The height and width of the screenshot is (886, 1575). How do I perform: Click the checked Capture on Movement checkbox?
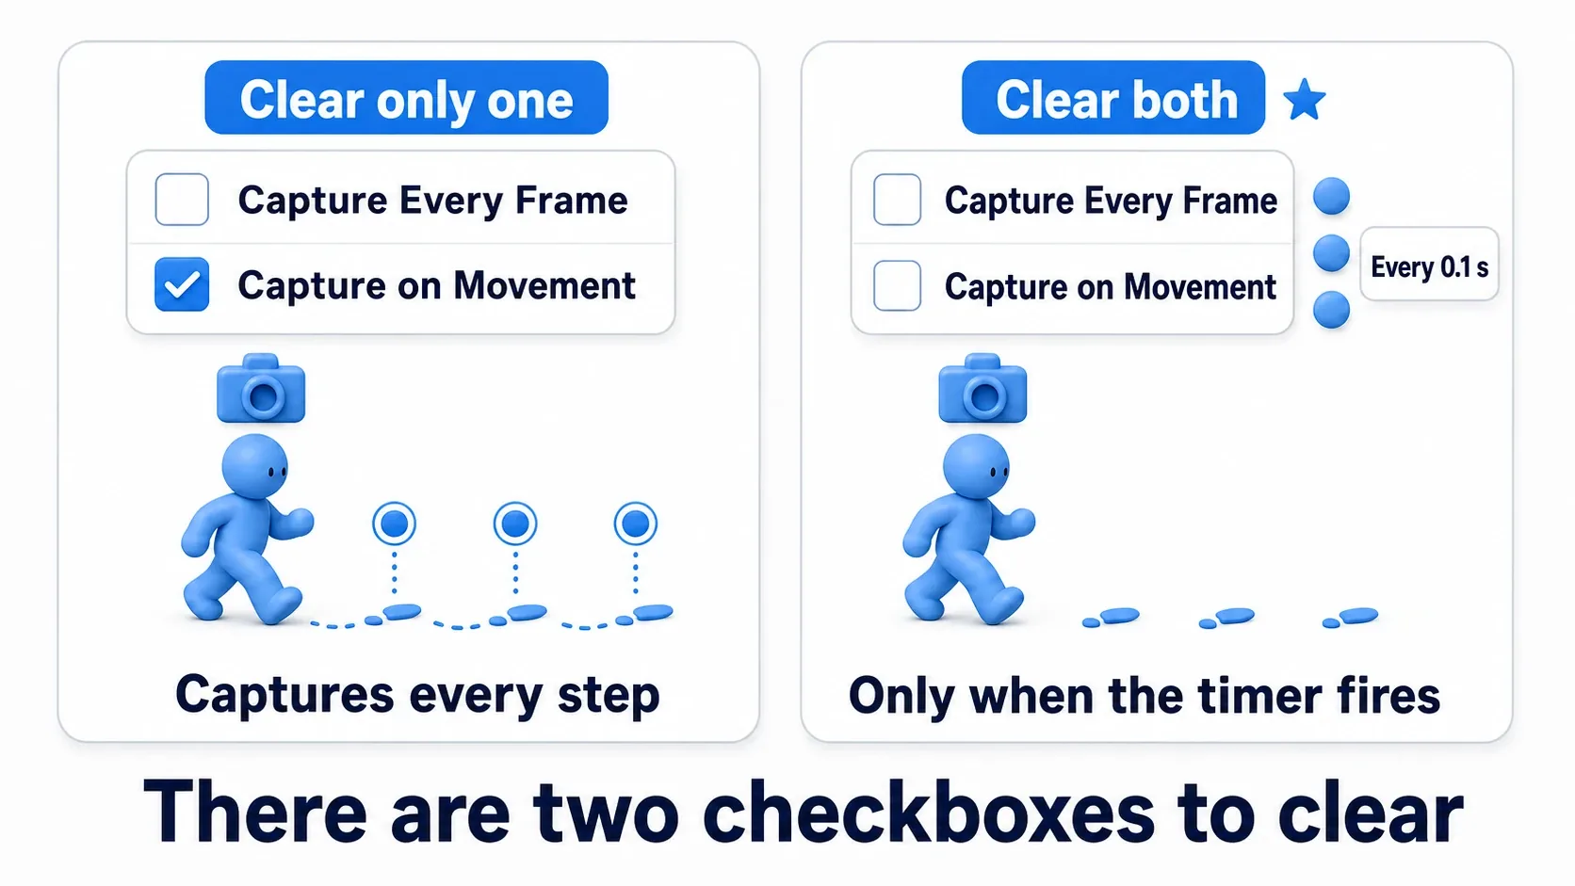tap(182, 284)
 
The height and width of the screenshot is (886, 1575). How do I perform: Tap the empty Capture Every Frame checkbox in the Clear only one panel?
tap(182, 200)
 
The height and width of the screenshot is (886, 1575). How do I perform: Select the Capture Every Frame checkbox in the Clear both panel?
tap(897, 200)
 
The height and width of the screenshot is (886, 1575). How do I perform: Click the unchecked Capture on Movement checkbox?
tap(897, 285)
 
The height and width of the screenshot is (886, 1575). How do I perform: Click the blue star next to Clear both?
tap(1305, 100)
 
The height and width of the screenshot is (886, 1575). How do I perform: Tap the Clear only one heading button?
tap(406, 98)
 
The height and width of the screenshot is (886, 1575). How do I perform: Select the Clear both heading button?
tap(1113, 98)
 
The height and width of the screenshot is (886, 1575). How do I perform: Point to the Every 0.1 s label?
tap(1429, 267)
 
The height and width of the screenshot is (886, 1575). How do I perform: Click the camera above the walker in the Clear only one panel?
tap(261, 389)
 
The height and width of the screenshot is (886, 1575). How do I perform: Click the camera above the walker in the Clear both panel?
tap(982, 389)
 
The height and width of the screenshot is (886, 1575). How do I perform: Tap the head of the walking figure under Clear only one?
tap(254, 466)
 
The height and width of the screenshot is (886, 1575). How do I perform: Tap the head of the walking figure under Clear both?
tap(976, 466)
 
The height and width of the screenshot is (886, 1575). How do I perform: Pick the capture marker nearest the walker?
tap(394, 524)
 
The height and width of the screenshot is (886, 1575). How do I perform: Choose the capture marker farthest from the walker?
tap(636, 524)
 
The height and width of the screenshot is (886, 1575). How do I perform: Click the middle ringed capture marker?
tap(515, 524)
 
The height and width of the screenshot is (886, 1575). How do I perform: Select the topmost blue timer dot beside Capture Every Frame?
tap(1331, 195)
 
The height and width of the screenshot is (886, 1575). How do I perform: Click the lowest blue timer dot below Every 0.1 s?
tap(1331, 310)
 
